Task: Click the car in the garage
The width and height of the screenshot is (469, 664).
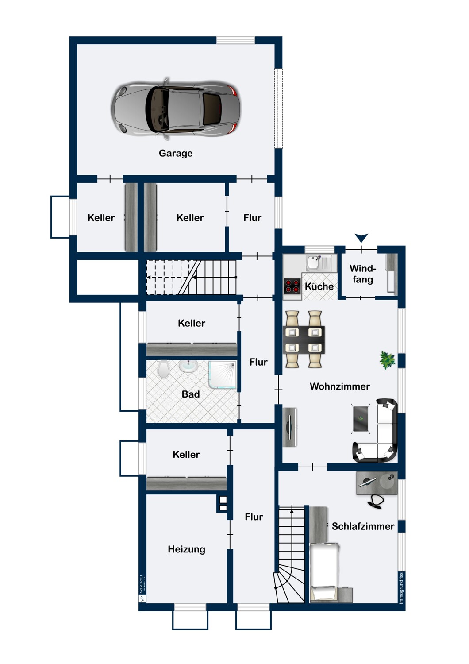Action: coord(176,109)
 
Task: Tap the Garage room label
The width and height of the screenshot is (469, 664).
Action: coord(176,153)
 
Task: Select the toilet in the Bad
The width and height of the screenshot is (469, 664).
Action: coord(163,369)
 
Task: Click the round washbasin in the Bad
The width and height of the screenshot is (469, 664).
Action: coord(188,366)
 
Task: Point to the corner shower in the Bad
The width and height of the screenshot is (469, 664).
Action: coord(223,374)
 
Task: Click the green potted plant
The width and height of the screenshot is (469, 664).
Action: coord(387,360)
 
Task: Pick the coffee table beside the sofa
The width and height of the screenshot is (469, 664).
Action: coord(361,419)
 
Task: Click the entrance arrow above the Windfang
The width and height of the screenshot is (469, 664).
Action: coord(361,238)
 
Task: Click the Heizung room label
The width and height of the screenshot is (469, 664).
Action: coord(186,549)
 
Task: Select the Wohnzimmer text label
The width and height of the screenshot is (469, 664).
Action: coord(340,386)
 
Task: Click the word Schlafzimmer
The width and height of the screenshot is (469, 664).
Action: coord(363,526)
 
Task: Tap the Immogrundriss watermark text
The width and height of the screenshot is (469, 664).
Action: coord(401,588)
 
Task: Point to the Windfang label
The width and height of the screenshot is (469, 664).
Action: coord(363,274)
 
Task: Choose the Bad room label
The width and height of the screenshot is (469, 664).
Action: coord(191,394)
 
